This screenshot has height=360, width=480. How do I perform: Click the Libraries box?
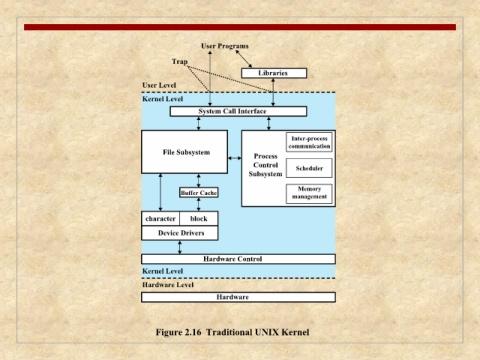click(x=274, y=73)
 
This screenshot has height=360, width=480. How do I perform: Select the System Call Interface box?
click(x=238, y=111)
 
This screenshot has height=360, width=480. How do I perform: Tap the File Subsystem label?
click(x=186, y=152)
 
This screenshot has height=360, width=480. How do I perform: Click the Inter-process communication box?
click(x=309, y=142)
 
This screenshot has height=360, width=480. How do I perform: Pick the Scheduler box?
click(x=309, y=168)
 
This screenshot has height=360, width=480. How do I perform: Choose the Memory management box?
click(x=309, y=194)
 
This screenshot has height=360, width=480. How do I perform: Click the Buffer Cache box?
click(x=199, y=193)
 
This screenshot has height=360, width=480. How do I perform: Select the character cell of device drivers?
click(x=161, y=219)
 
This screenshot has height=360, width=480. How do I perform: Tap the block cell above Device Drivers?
click(x=199, y=219)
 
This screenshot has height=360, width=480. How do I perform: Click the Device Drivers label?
click(x=181, y=233)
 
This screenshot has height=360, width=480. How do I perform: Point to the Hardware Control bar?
click(x=238, y=259)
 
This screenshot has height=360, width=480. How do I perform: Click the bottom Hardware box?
click(x=238, y=297)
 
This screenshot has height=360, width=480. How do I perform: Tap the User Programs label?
click(x=225, y=46)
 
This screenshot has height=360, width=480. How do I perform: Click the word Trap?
click(x=180, y=62)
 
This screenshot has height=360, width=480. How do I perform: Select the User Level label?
click(x=159, y=85)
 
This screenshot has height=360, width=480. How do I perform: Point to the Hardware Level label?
click(x=168, y=285)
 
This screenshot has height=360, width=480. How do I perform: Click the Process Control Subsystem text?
click(x=265, y=165)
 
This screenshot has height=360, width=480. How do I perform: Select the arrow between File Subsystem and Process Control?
click(x=235, y=158)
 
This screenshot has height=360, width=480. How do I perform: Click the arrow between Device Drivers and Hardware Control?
click(x=180, y=247)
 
